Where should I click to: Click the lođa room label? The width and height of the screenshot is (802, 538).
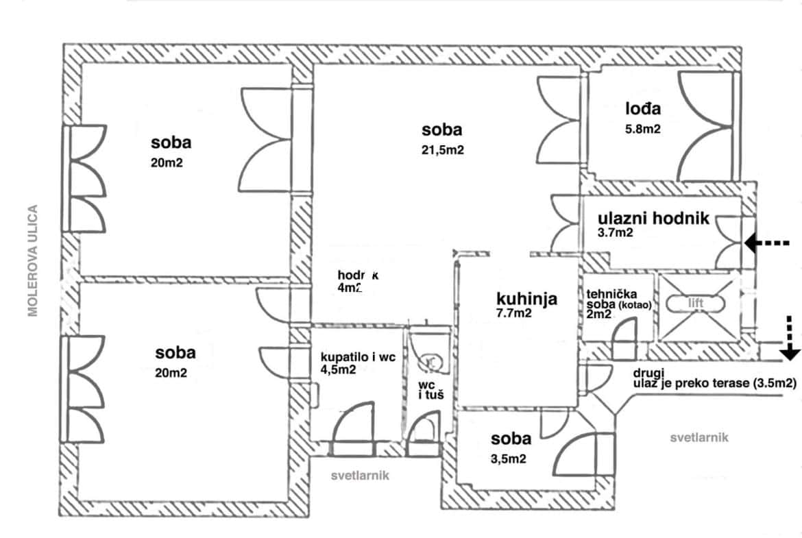tap(642, 109)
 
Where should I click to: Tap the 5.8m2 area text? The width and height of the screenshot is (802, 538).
tap(642, 128)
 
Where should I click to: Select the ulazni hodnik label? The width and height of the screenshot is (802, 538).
tap(653, 219)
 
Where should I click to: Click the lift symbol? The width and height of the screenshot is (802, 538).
tap(698, 303)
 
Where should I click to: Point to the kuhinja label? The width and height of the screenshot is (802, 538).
tap(526, 299)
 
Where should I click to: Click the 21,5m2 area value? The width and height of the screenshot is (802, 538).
tap(442, 151)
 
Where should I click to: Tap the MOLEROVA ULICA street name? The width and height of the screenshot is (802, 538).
tap(32, 260)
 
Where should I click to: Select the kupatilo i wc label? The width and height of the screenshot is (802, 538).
tap(359, 357)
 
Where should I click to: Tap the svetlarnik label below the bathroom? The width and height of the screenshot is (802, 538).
tap(360, 476)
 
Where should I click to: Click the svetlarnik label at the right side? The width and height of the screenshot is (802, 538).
tap(699, 437)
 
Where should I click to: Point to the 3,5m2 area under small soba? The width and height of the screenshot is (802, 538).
tap(508, 459)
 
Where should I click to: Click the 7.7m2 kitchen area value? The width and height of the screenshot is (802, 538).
tap(514, 314)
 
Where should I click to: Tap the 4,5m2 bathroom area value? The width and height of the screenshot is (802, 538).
tap(339, 371)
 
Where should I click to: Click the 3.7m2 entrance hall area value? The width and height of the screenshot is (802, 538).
tap(615, 233)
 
